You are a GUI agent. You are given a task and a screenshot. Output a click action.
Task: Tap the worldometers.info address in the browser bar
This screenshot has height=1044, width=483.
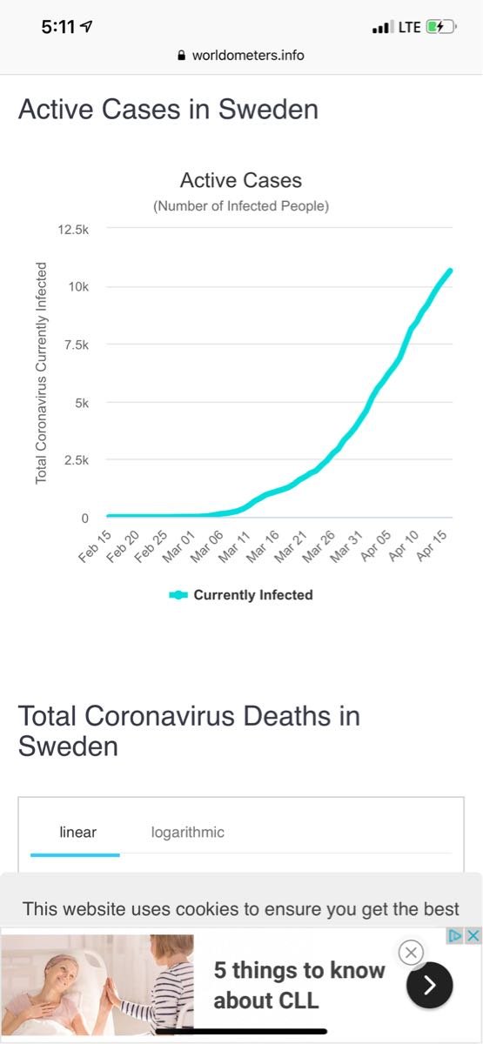click(x=248, y=56)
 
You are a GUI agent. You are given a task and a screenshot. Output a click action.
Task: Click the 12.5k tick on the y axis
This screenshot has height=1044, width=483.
click(x=73, y=230)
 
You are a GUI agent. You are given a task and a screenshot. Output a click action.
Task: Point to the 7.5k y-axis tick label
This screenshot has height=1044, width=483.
click(x=76, y=345)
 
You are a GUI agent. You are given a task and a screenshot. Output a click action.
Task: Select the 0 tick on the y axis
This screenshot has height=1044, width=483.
click(x=85, y=519)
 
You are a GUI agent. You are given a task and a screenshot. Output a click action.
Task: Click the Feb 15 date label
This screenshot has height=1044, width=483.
click(x=95, y=546)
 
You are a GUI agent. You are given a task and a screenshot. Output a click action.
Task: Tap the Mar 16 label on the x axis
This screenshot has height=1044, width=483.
click(x=263, y=546)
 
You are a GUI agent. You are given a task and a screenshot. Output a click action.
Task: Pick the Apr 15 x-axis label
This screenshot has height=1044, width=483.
click(x=432, y=545)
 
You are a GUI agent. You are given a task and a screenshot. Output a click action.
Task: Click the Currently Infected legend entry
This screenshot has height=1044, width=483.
click(x=241, y=595)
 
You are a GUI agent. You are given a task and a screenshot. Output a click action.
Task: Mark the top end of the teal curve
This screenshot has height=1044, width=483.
click(x=450, y=271)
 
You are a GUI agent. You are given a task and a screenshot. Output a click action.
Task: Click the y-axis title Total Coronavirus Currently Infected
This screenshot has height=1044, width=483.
click(x=41, y=373)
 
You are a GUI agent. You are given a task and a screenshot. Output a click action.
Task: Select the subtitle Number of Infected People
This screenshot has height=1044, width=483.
click(x=241, y=206)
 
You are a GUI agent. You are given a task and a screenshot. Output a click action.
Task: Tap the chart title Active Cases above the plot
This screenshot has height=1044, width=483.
click(x=241, y=180)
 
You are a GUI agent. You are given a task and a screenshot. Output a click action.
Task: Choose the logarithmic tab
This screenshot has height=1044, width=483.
click(x=187, y=832)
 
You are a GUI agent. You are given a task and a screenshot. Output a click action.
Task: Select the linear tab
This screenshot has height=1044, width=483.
click(x=77, y=832)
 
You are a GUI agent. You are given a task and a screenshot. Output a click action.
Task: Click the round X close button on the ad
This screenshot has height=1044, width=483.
click(x=411, y=953)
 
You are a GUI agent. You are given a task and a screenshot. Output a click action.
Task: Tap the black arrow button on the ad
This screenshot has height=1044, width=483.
click(x=429, y=985)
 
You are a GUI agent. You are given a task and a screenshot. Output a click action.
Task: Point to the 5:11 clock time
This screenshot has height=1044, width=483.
click(x=57, y=27)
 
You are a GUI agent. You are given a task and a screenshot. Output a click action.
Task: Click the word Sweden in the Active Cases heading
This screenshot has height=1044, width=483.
click(x=269, y=110)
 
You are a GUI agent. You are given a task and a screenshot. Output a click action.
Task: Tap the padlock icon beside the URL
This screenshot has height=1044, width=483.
click(x=182, y=56)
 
